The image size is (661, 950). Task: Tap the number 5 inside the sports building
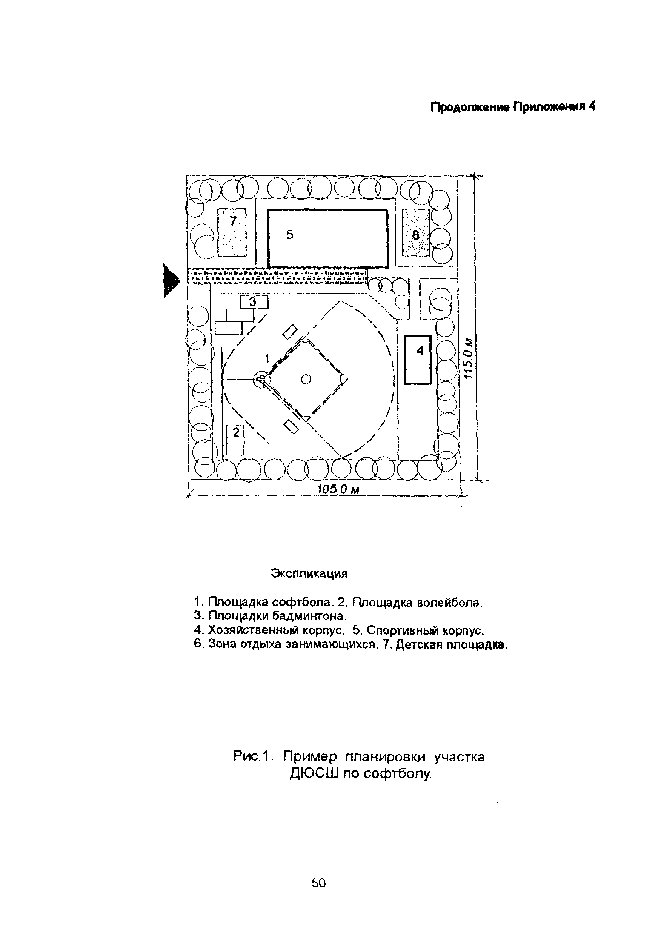point(289,235)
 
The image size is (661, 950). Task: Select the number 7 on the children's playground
point(233,221)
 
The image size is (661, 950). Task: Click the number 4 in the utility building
point(420,351)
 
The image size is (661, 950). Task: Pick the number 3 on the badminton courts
point(252,303)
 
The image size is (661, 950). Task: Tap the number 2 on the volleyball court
point(236,432)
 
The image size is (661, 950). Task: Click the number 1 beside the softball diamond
point(267,358)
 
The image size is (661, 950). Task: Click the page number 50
point(318,883)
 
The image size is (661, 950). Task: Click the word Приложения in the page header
point(549,107)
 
